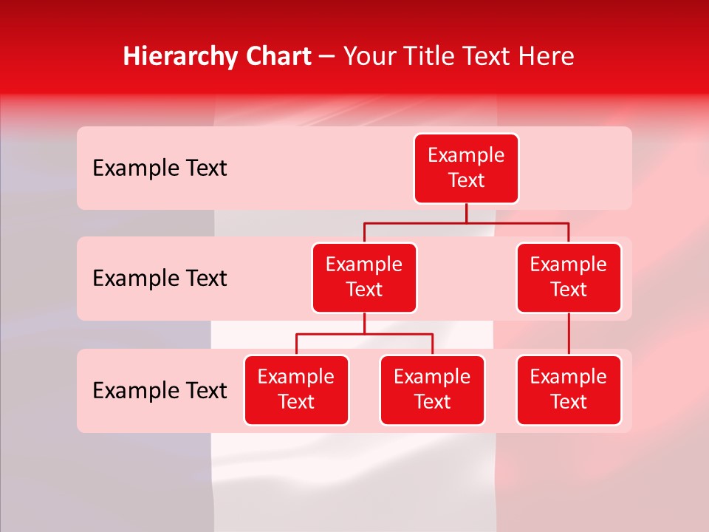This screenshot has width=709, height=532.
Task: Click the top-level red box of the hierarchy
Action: (x=466, y=168)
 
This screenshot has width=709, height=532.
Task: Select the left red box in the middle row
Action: (x=364, y=277)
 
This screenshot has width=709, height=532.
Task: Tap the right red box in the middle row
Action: (x=569, y=277)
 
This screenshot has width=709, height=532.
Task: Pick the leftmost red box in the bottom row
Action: (x=296, y=389)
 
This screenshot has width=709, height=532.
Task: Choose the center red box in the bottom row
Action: (x=432, y=389)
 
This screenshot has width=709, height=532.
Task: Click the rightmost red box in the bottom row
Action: (x=569, y=389)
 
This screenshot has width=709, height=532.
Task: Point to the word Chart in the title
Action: (x=274, y=56)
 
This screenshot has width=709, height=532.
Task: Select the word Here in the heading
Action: (x=547, y=56)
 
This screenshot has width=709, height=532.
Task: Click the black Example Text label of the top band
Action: (x=160, y=168)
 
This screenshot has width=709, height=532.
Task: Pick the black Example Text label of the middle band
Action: (x=160, y=278)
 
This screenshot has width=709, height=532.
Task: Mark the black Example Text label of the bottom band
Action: (x=160, y=390)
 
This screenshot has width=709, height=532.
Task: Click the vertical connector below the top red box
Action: (x=466, y=213)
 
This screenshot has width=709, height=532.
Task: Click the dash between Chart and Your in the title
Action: (x=327, y=58)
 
